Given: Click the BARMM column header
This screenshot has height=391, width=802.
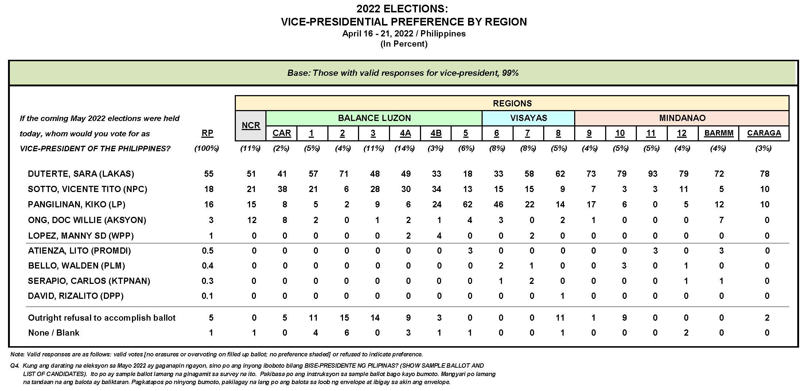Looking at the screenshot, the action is coord(719,133).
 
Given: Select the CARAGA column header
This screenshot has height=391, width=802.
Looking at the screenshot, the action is coord(764,133).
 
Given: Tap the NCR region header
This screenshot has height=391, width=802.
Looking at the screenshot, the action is coord(251,125).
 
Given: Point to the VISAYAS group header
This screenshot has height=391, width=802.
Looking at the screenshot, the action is coord(528,118).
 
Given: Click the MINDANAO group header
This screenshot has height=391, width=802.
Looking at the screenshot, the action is coord(682,118).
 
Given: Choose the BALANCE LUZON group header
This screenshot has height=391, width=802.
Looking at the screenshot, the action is coord(374,118).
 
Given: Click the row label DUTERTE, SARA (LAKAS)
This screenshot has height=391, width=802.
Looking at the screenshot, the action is coord(81,174).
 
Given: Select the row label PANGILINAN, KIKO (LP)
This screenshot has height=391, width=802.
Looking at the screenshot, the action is coord(77,204).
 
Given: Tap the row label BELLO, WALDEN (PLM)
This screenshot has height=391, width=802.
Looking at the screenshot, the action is coord(77,266).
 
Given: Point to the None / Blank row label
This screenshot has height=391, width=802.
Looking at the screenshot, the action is coord(54,333).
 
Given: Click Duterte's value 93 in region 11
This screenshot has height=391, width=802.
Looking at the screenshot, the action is coord(653,174).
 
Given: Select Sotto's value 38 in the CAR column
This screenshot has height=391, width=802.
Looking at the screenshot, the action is coord(282,189).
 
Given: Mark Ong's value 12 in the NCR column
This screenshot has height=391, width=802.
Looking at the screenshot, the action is coord(252,220).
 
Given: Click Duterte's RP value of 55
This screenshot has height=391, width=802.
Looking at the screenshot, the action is coord(209,174).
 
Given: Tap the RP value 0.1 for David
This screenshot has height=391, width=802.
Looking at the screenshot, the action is coord(207,296).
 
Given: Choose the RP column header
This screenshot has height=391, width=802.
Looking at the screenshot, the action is coord(207,133).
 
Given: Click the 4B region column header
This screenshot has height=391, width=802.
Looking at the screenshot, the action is coord(436,133).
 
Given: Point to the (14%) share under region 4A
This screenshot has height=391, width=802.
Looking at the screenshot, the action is coord(405,148).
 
